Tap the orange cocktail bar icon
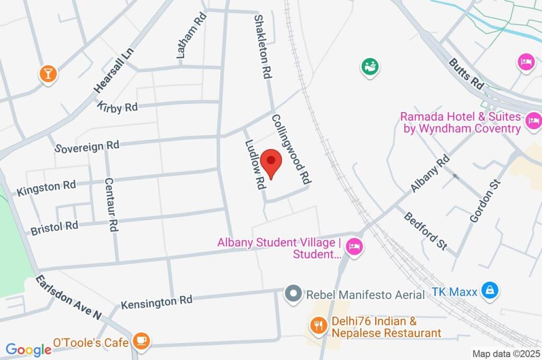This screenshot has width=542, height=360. click(48, 74)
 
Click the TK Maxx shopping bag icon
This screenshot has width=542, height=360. click(491, 291)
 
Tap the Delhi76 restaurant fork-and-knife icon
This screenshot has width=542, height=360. click(318, 325)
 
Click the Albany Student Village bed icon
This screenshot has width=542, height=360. click(353, 247)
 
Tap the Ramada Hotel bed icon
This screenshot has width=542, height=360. click(533, 122)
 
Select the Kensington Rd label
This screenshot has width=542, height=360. click(156, 302)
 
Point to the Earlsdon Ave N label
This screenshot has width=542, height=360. click(68, 298)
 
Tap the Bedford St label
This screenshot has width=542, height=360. click(425, 231)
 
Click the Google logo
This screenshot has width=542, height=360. click(28, 349)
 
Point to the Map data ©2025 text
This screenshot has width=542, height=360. click(507, 353)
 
